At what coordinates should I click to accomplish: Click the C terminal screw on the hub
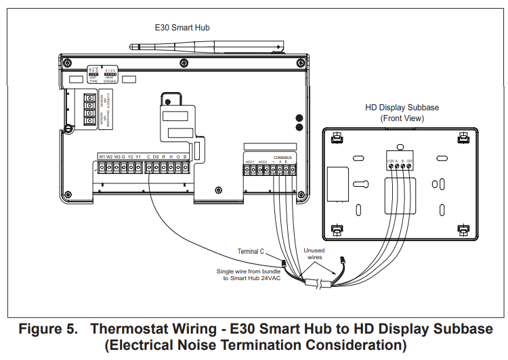click(148, 167)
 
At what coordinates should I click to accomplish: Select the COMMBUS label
click(282, 158)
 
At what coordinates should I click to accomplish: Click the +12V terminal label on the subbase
click(391, 161)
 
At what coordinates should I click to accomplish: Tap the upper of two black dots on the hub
click(299, 118)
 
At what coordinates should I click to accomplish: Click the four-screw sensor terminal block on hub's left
click(89, 109)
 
